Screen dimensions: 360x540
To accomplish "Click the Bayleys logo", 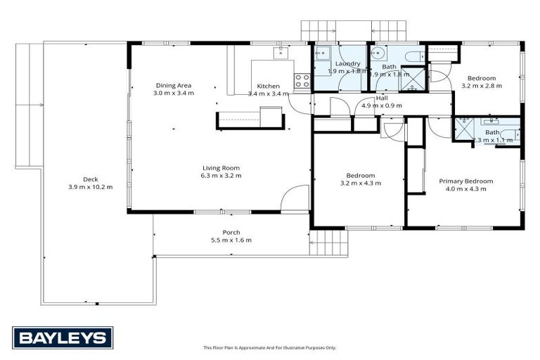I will [63, 337].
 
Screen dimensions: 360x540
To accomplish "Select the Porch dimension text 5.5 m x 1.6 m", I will [231, 240].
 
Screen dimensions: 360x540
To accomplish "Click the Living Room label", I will [221, 167].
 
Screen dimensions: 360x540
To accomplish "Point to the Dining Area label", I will [174, 86].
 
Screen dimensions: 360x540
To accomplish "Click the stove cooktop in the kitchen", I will [302, 81].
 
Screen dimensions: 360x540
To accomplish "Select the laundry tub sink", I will [324, 54].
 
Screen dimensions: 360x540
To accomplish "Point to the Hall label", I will [382, 98].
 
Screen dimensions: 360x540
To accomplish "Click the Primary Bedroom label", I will [466, 181].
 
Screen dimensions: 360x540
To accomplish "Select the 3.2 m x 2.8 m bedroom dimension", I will [479, 86].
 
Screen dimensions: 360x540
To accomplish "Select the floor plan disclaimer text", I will [270, 347].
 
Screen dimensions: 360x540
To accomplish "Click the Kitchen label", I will [268, 86].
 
